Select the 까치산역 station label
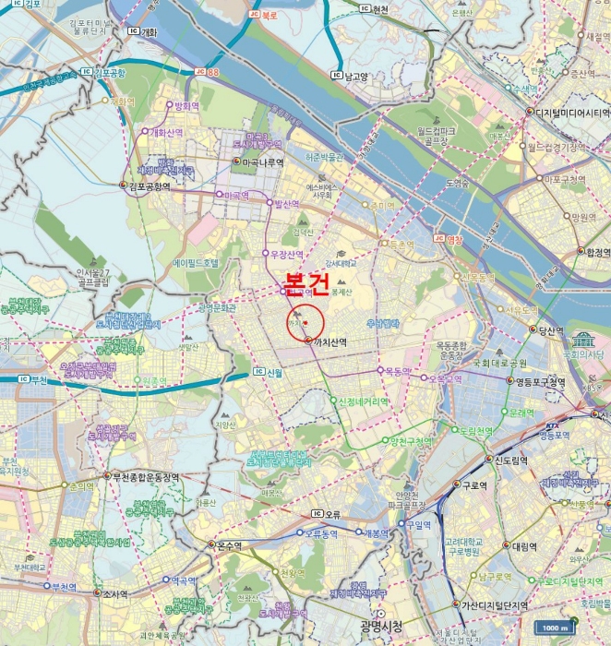pyautogui.click(x=329, y=341)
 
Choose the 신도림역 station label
pyautogui.click(x=510, y=460)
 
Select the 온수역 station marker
pyautogui.click(x=210, y=544)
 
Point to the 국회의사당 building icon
pyautogui.click(x=582, y=339)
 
